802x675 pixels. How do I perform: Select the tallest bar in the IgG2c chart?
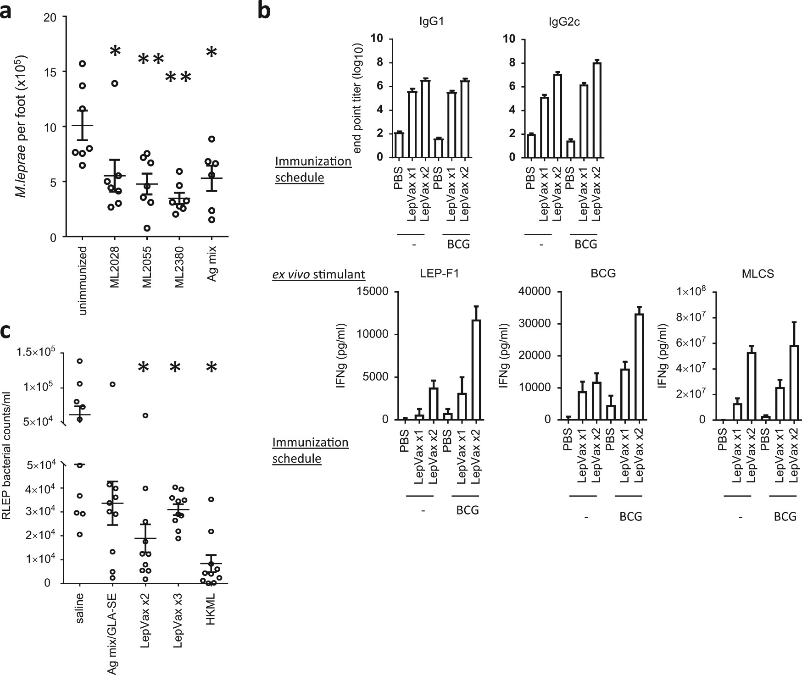pyautogui.click(x=596, y=110)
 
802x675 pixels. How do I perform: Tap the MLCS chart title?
pyautogui.click(x=757, y=274)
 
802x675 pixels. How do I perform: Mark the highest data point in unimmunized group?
pyautogui.click(x=82, y=63)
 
